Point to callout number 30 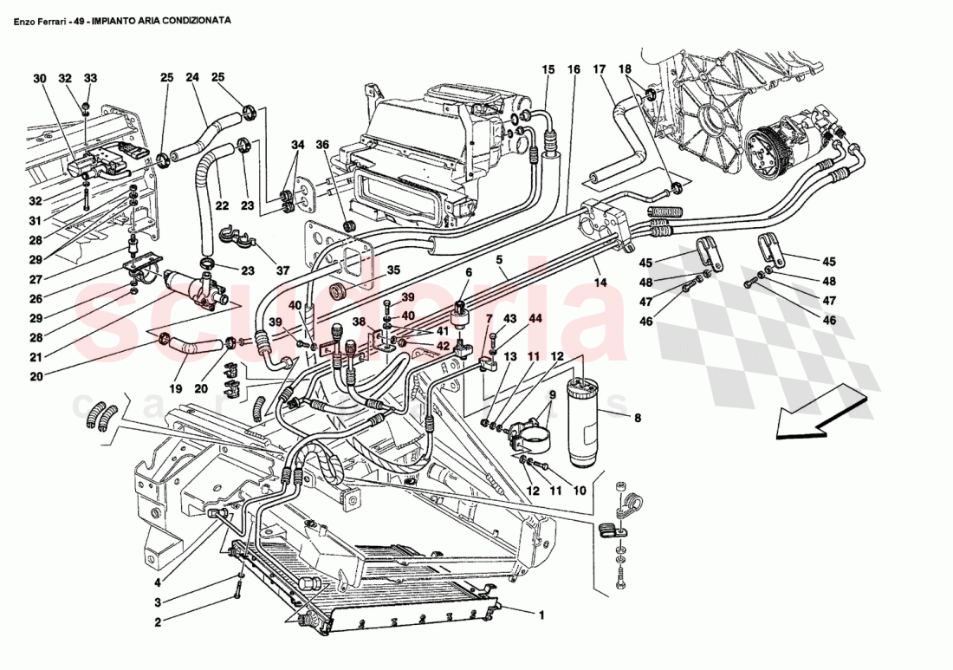(39, 78)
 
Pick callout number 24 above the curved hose (192, 77)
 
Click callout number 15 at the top (548, 69)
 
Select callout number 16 (574, 69)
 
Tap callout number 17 (599, 69)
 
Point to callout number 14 (599, 283)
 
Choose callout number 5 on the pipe (500, 258)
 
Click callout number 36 (322, 145)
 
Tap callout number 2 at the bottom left (158, 621)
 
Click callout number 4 (158, 582)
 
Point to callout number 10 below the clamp (580, 491)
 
